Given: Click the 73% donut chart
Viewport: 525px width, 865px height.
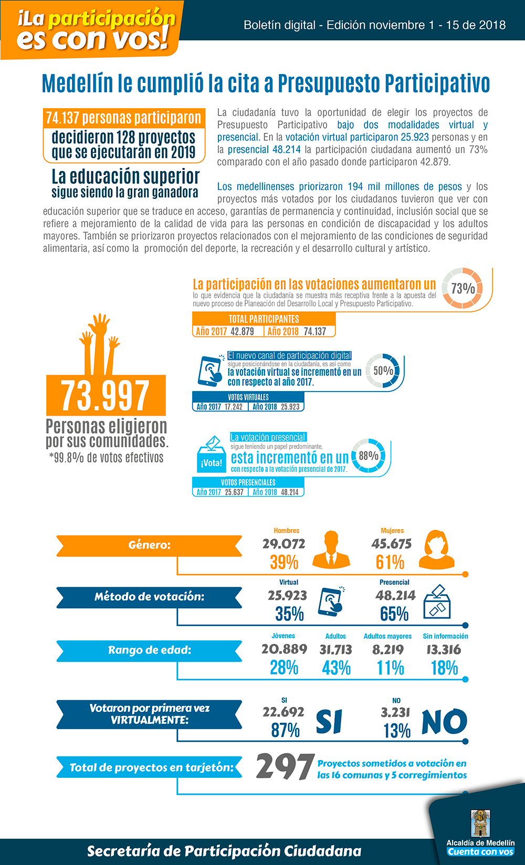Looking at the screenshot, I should pos(463,288).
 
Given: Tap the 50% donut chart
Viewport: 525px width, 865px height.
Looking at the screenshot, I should pos(383,371).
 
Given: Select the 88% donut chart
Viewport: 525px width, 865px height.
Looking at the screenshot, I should pos(369,456).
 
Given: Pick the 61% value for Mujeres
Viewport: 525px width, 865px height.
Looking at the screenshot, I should pos(390,563).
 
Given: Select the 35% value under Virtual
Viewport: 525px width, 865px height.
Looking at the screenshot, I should pos(289,614).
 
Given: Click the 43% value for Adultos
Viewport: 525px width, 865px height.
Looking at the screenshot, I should pos(337,668).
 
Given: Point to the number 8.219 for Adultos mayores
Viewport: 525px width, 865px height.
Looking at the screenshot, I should pos(388,650).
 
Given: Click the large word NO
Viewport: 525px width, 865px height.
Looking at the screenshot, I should pos(444,722).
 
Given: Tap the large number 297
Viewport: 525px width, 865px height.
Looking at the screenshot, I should pos(285,767).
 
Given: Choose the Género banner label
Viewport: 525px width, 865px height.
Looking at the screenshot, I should pos(149,545).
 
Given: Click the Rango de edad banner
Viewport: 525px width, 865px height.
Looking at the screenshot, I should pos(149,650).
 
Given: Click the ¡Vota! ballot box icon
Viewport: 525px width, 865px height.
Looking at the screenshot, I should pos(211,455).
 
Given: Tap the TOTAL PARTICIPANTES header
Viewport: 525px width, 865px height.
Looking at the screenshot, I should pos(264,319).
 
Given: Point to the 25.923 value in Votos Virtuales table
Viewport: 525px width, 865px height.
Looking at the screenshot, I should pos(290,407).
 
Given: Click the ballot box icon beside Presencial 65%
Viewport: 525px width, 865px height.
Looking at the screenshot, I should pos(437,603).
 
